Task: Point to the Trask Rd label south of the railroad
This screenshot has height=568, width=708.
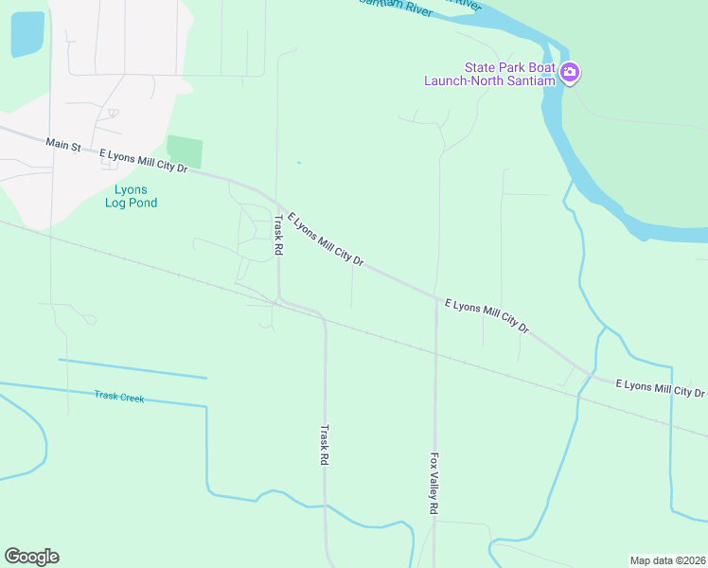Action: point(323,443)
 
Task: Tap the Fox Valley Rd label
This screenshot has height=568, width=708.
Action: point(434,483)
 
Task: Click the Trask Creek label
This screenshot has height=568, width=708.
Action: point(119,398)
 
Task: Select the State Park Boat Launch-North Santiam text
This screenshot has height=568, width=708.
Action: point(490,74)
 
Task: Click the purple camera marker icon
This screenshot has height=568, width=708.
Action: point(569,72)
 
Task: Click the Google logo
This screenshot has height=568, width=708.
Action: point(31,557)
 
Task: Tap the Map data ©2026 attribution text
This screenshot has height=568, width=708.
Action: point(667,559)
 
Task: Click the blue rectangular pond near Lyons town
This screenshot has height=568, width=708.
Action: point(27,35)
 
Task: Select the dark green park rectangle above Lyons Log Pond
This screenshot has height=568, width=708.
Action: point(185,151)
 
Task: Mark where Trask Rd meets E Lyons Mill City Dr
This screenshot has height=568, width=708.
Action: point(276,201)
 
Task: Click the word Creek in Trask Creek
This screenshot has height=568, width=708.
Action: point(132,399)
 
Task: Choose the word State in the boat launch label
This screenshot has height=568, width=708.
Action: point(479,67)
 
